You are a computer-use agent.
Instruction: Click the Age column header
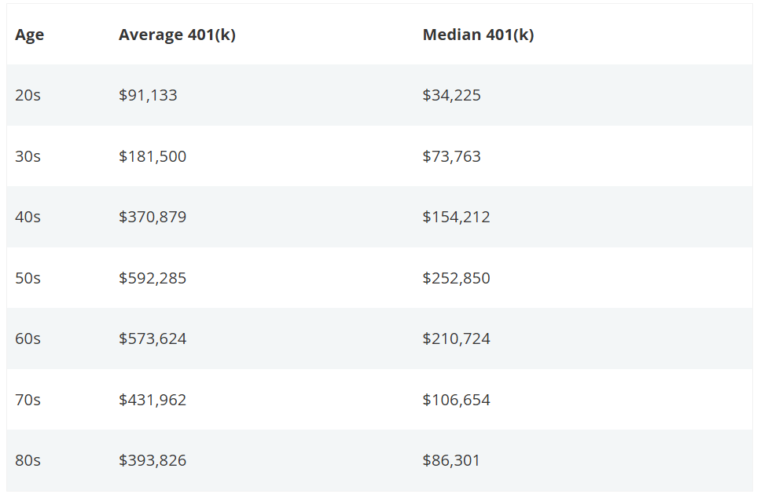[30, 35]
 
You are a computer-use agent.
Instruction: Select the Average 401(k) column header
[177, 35]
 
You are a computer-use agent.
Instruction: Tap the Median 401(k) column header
[478, 35]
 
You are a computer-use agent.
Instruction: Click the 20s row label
[28, 96]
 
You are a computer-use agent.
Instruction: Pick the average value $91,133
[148, 96]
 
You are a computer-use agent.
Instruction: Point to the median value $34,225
[451, 96]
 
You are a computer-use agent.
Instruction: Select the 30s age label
[28, 156]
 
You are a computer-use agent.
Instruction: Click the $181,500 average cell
[153, 156]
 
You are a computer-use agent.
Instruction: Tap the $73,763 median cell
[451, 156]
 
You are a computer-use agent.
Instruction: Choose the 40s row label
[28, 217]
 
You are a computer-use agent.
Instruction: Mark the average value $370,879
[153, 217]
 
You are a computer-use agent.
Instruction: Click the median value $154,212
[456, 217]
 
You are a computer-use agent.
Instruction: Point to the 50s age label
[28, 278]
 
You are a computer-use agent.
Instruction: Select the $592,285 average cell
[153, 278]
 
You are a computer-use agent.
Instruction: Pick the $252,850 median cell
[456, 278]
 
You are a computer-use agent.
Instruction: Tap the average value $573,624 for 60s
[153, 338]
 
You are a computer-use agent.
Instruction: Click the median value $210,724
[456, 338]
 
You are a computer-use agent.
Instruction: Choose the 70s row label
[28, 400]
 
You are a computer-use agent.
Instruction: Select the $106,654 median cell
[456, 400]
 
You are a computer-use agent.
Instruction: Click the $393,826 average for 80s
[153, 460]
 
